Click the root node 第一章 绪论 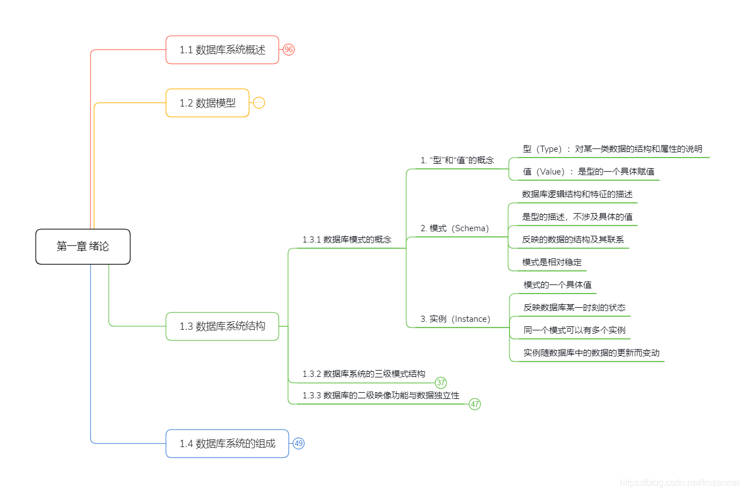83,246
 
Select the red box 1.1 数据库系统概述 222,50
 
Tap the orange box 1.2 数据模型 207,103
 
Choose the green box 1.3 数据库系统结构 222,326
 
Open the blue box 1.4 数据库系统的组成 227,444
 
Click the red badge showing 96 289,50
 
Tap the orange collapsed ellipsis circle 259,103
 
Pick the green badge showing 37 441,383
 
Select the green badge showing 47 475,405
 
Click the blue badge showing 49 299,444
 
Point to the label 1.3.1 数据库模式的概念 346,240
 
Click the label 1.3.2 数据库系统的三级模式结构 363,374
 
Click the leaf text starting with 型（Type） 613,149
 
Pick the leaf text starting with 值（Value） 589,172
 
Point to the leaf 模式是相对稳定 552,262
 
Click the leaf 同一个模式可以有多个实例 574,330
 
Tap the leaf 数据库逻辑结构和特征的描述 577,194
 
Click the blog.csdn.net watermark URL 679,483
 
